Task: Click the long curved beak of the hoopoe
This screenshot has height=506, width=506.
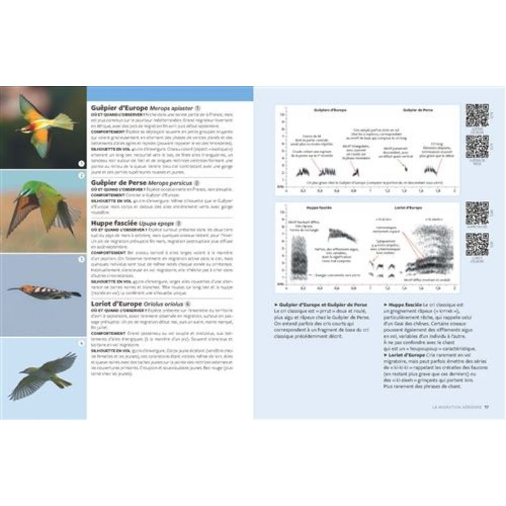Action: pos(15,289)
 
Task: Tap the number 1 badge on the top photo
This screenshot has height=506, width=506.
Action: pos(80,163)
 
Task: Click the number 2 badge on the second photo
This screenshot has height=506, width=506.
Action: pos(80,175)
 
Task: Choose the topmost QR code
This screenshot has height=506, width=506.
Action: pos(477,114)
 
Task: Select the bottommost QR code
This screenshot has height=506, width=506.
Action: pos(477,244)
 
